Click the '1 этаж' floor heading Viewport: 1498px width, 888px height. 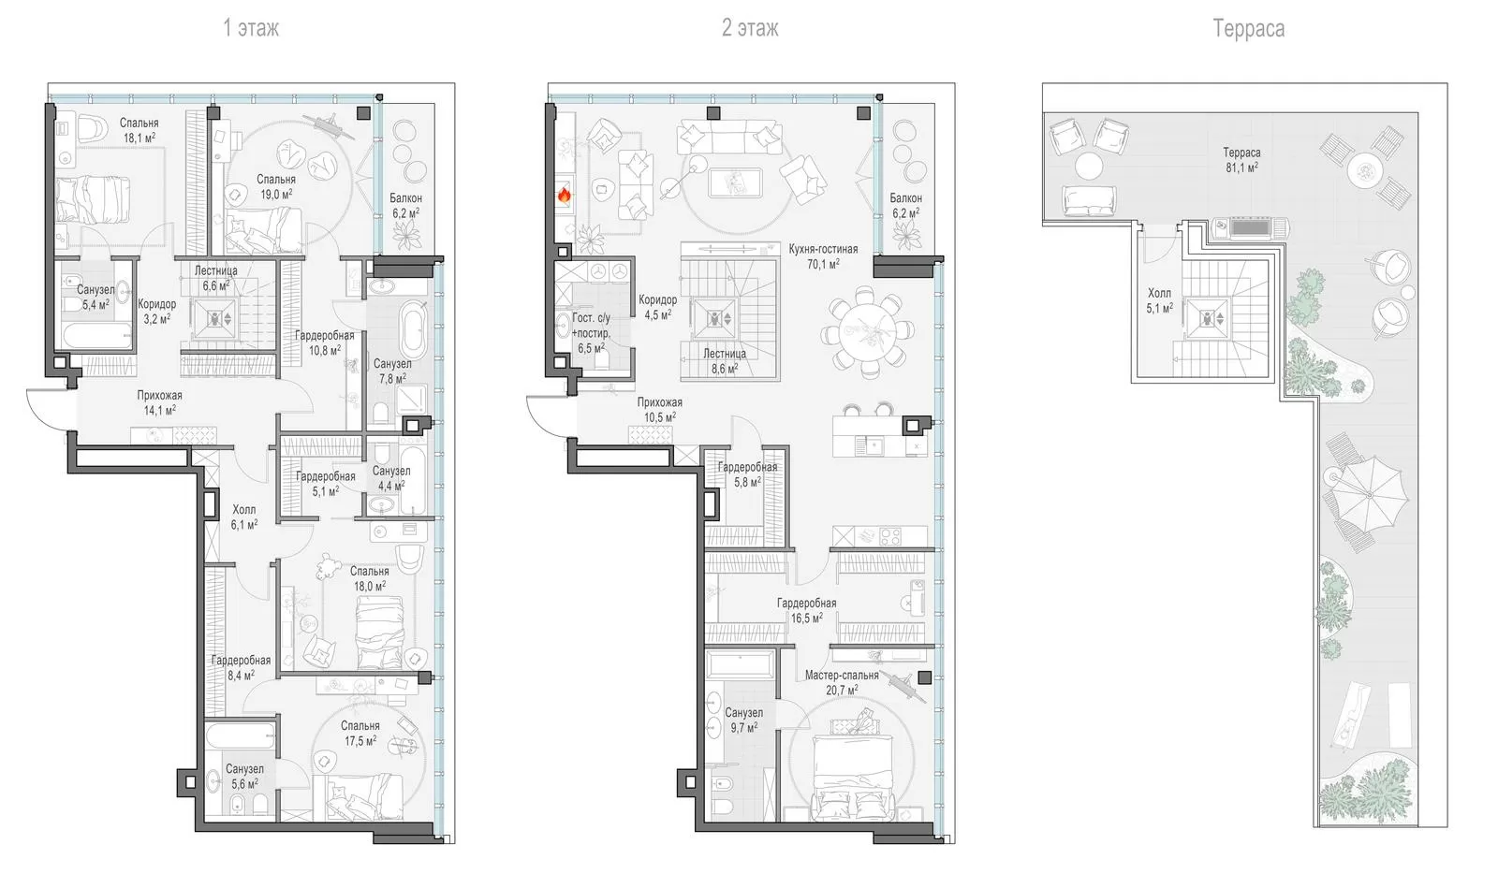[251, 28]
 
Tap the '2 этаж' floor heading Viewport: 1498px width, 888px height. [750, 28]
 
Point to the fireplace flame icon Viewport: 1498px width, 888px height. [565, 196]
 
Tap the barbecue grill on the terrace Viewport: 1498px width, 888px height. [1251, 227]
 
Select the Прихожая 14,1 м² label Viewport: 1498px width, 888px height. [159, 402]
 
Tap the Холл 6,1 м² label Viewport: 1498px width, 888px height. [244, 517]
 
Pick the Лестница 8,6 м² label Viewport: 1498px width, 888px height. [724, 361]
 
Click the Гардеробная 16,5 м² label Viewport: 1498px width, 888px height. [806, 611]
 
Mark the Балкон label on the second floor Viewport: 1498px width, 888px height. [905, 198]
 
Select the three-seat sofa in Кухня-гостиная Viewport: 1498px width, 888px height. [730, 138]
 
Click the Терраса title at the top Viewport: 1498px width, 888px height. [1249, 29]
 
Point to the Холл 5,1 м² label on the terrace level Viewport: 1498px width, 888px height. [1160, 300]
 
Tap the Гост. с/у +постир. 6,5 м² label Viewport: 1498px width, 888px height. [591, 333]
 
